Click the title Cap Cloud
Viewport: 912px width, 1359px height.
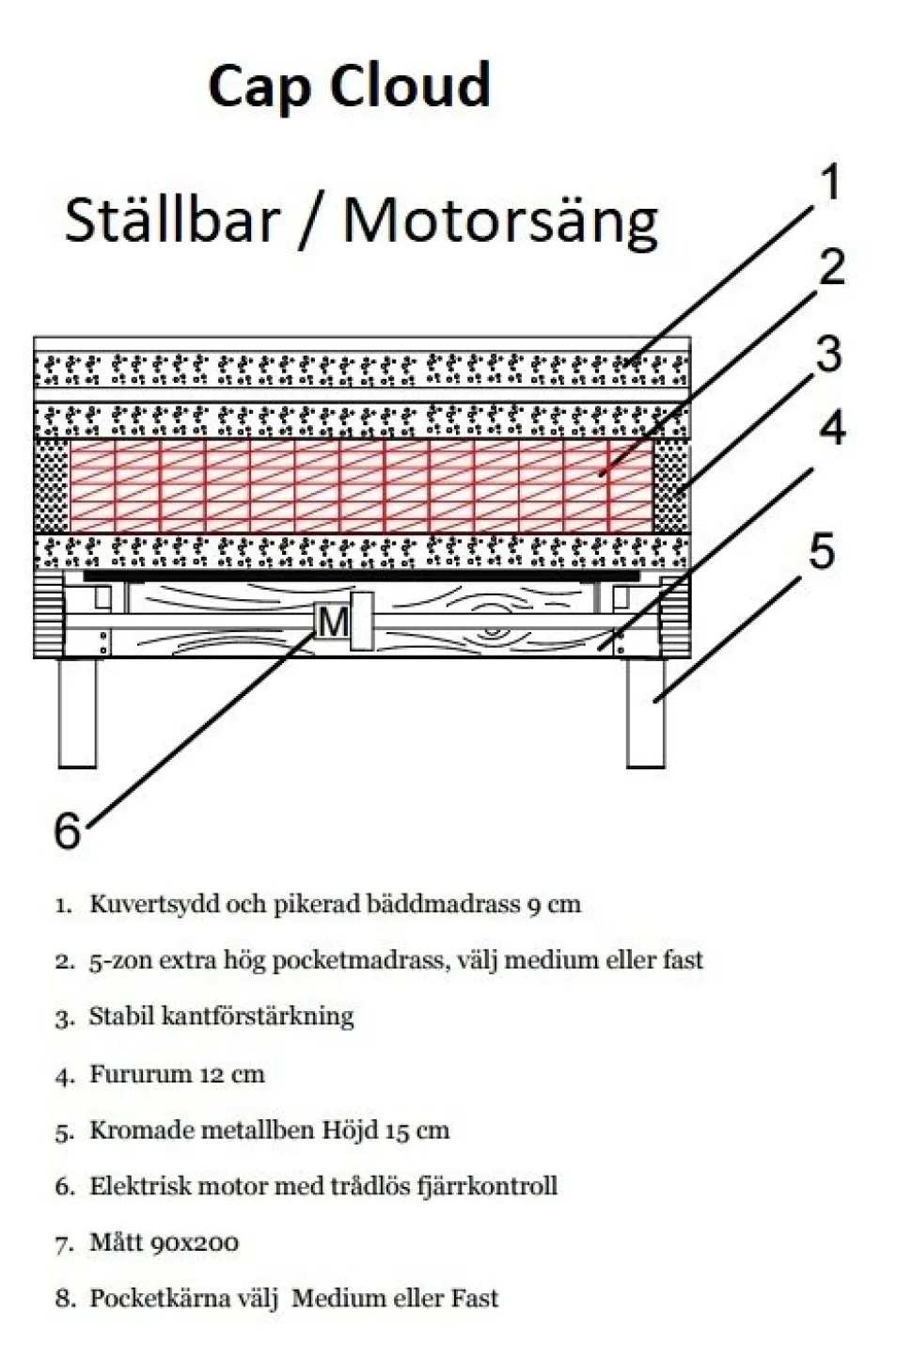tap(349, 87)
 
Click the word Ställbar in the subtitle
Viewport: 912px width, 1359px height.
tap(172, 220)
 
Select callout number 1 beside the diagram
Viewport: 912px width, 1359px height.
tap(830, 182)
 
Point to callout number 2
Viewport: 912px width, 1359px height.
tap(832, 266)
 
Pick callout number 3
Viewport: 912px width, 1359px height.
tap(829, 355)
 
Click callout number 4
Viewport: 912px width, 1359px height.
tap(832, 427)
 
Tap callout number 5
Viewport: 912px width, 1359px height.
tap(823, 551)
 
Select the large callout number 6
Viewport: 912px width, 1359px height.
tap(68, 830)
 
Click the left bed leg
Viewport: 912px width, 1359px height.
tap(78, 714)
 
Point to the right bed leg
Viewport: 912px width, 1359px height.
tap(646, 714)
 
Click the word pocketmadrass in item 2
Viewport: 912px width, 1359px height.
tap(358, 960)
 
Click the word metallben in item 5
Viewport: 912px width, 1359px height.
tap(257, 1130)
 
